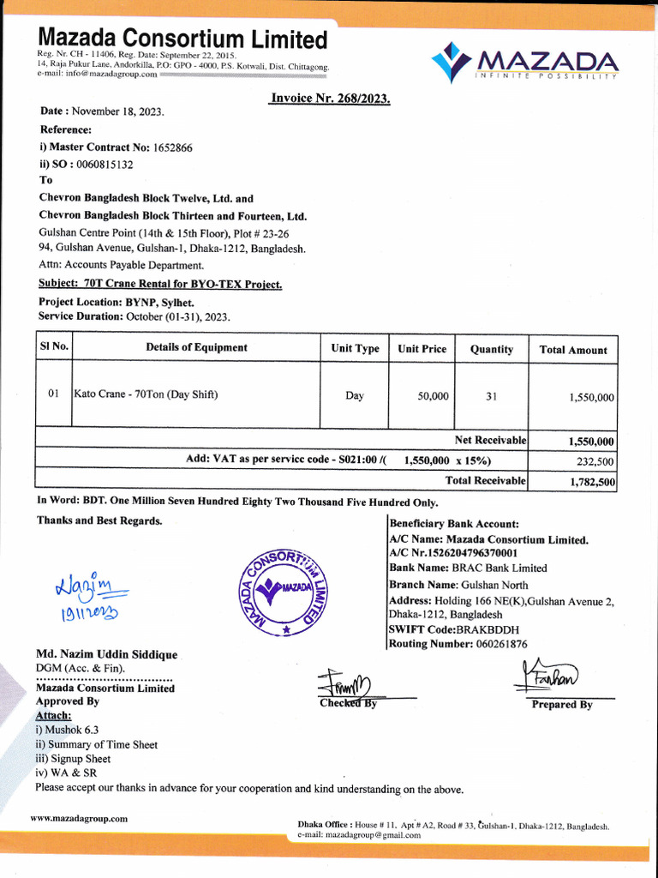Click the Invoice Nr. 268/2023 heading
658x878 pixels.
point(330,99)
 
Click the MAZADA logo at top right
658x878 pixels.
point(524,62)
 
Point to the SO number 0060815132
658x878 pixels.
point(105,164)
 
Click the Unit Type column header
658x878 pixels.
point(355,349)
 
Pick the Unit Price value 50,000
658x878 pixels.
point(433,396)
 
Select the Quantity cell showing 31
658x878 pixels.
point(491,396)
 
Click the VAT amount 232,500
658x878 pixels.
point(595,461)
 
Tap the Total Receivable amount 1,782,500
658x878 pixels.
point(592,482)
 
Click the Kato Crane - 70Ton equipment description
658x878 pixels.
point(147,395)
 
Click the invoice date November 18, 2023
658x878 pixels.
point(117,111)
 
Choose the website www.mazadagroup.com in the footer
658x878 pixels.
point(79,818)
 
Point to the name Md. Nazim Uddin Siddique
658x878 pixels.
point(106,655)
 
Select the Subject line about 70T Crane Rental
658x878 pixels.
point(160,284)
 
